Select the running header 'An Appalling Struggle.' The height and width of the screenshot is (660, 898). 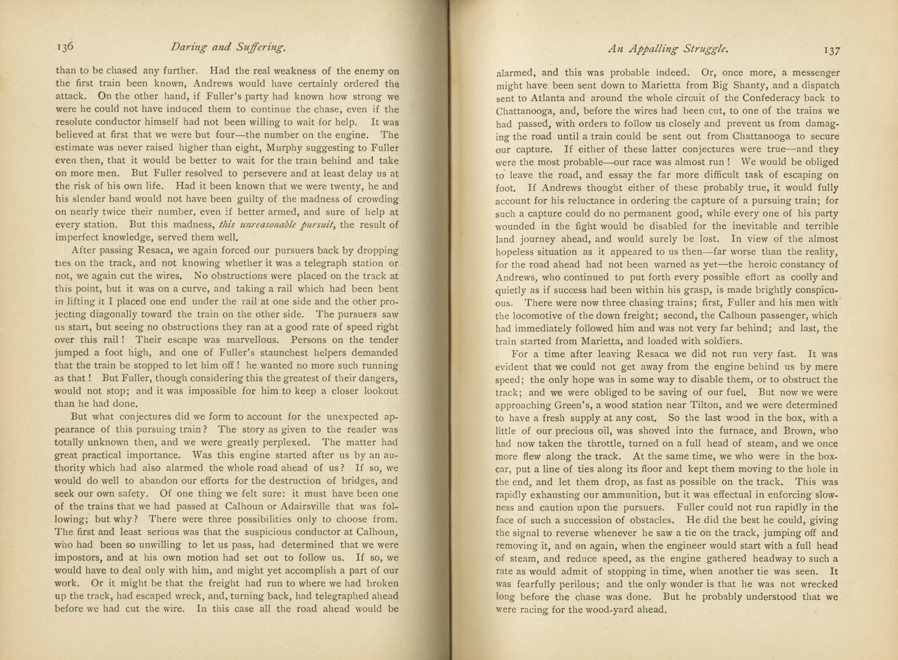tap(668, 49)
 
